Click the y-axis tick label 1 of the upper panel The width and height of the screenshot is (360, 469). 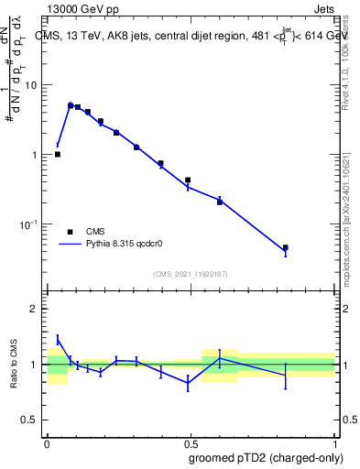point(37,155)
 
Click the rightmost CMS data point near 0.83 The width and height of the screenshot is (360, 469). point(286,247)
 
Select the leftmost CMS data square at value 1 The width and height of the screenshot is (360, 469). point(58,154)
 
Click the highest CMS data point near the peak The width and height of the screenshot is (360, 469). point(71,105)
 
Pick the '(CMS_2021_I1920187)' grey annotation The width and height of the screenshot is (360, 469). point(190,274)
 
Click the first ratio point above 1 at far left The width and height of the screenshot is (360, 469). point(58,339)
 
